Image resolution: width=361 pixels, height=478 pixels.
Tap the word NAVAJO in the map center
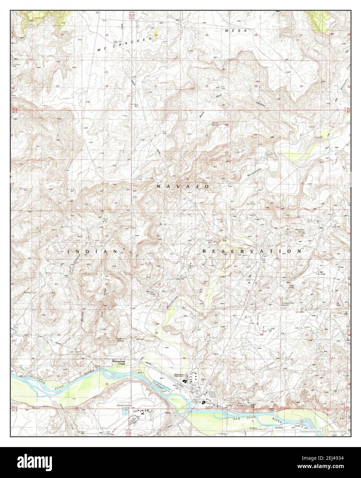click(x=183, y=186)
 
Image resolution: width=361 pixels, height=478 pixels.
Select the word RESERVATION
click(x=252, y=251)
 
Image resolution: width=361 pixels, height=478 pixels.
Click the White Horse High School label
click(x=181, y=375)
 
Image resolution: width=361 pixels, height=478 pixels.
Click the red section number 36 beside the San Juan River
click(x=107, y=384)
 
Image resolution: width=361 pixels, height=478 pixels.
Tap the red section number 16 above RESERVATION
click(x=256, y=236)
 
